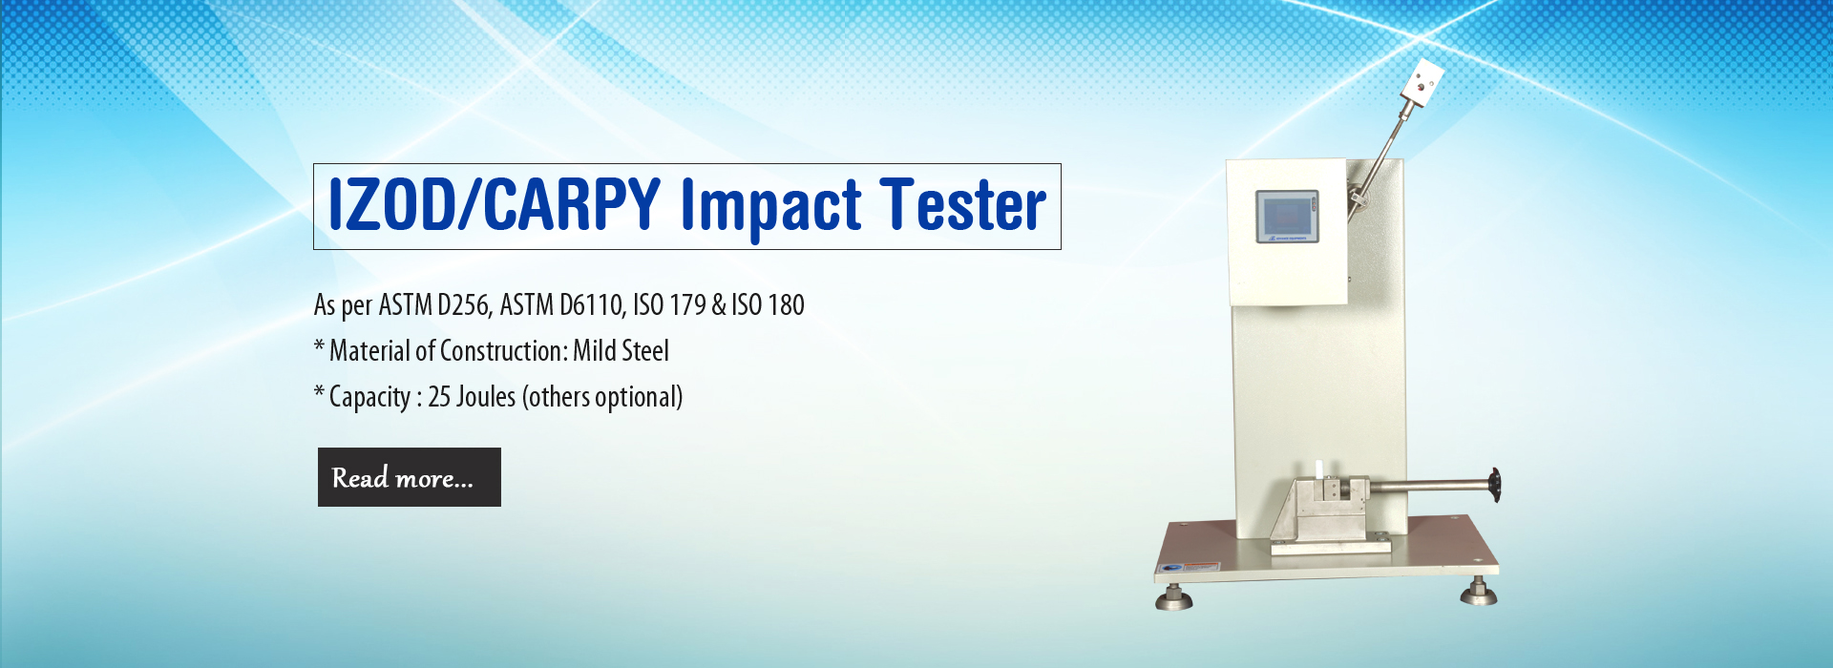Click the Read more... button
point(409,477)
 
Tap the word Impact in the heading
point(770,208)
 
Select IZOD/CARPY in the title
point(495,204)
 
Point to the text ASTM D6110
point(561,305)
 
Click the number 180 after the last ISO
point(786,305)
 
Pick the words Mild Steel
point(621,351)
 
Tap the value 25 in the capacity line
point(439,397)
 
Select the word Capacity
point(369,398)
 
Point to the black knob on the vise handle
point(1494,485)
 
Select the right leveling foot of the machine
point(1479,591)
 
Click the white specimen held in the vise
point(1320,470)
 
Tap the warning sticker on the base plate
point(1201,566)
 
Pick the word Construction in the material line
point(503,351)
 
